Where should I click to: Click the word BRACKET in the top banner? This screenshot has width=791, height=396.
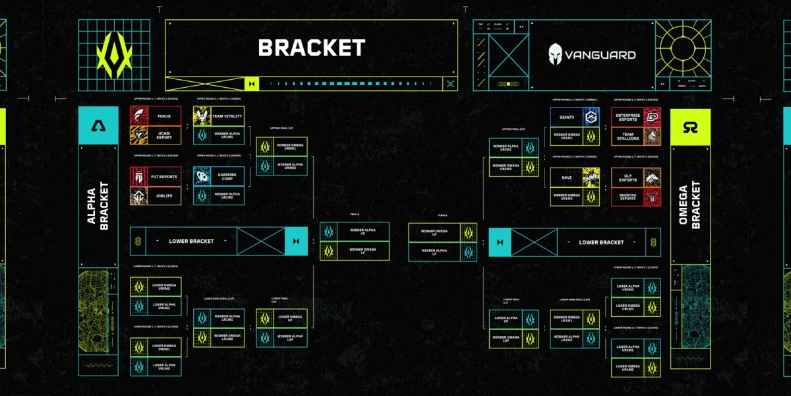tap(311, 48)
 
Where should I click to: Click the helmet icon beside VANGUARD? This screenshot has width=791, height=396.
tap(556, 54)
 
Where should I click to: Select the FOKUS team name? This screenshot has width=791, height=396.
tap(164, 116)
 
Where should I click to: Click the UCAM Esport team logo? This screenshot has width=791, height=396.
tap(140, 135)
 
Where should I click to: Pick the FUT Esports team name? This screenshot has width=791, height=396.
tap(164, 176)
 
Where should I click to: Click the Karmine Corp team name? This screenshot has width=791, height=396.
tap(227, 176)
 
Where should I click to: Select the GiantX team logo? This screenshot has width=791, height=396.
tap(591, 116)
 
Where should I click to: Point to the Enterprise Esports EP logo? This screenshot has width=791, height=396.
tap(651, 116)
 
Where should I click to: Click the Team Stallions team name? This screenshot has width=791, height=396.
tap(628, 135)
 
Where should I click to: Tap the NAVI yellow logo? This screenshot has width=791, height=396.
tap(591, 177)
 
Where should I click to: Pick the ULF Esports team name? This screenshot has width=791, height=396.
tap(628, 177)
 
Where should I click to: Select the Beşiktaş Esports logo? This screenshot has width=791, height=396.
tap(651, 196)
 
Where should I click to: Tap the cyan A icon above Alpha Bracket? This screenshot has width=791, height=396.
tap(98, 125)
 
